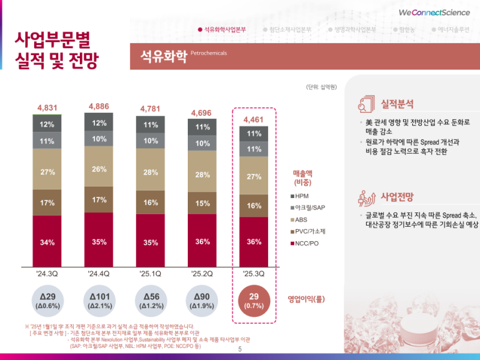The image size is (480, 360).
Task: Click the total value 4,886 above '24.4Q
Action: point(98,106)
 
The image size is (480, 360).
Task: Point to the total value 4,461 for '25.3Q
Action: point(253,120)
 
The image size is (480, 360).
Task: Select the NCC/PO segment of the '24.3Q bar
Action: point(47,242)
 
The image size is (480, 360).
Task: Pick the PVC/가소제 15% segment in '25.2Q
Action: point(202,203)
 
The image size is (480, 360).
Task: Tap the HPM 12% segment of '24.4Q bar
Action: point(98,124)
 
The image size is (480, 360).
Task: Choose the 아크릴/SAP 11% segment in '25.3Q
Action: point(253,149)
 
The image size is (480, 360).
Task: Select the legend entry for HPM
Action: point(304,197)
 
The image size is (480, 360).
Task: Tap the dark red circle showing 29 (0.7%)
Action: point(254,301)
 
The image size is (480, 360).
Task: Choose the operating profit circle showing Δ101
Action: point(98,301)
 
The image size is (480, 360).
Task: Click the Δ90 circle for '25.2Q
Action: point(202,301)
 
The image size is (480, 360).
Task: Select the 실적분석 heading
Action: point(397,103)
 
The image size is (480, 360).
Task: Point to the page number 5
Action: point(240,349)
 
